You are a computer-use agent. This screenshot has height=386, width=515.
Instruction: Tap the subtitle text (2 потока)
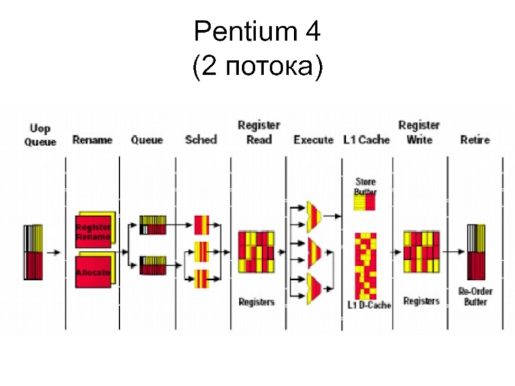coord(257,66)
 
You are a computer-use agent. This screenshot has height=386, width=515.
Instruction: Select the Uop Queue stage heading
coord(41,135)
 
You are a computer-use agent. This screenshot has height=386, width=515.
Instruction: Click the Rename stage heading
coord(92,140)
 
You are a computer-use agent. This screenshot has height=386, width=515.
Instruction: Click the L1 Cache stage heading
coord(366,140)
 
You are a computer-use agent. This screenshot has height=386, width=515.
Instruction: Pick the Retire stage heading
coord(474,140)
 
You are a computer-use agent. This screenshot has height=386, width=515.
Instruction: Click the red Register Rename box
coord(94,232)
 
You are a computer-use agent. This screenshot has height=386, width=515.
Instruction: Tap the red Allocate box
coord(94,271)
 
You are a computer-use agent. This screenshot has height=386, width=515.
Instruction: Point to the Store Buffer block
coord(365,202)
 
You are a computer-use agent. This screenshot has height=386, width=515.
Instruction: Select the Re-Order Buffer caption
coord(476,297)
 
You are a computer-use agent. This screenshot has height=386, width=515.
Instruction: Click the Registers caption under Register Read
coord(256,302)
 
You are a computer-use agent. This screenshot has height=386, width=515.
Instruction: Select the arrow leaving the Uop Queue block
coord(54,253)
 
